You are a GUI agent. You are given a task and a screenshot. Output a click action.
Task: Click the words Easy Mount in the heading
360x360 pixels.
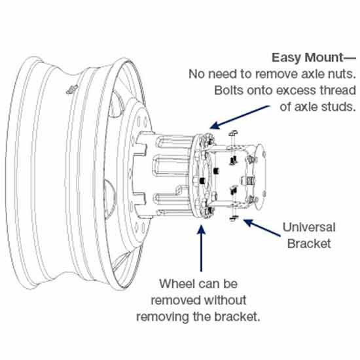(306, 57)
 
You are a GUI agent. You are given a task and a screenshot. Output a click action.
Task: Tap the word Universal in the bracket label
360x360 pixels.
(309, 228)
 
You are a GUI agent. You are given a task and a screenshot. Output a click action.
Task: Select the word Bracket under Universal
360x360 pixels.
(309, 244)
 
